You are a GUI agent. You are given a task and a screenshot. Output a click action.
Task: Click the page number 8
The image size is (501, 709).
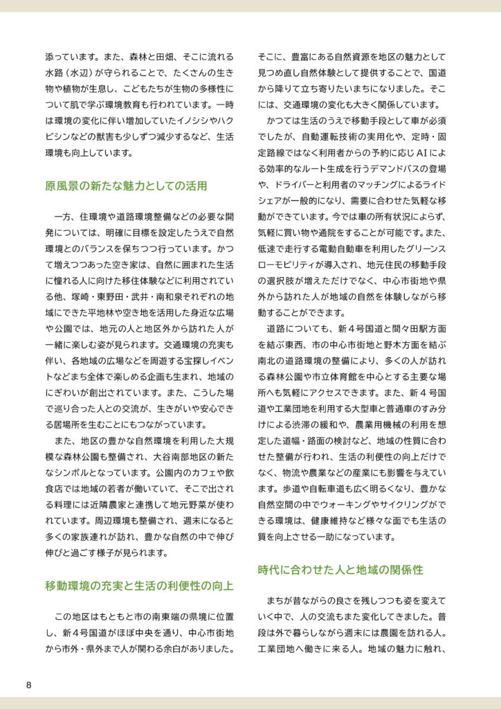tap(28, 685)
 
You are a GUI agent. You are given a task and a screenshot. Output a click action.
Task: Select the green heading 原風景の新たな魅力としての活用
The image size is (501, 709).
tap(126, 186)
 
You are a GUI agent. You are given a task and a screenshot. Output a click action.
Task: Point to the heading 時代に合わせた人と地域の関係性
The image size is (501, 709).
tap(340, 570)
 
